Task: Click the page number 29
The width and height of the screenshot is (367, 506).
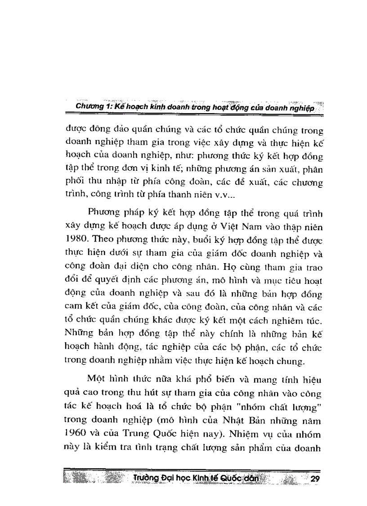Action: [x=314, y=479]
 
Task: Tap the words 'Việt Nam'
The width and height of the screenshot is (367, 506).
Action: [x=238, y=237]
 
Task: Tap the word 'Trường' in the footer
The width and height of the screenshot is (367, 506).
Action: [x=143, y=479]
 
